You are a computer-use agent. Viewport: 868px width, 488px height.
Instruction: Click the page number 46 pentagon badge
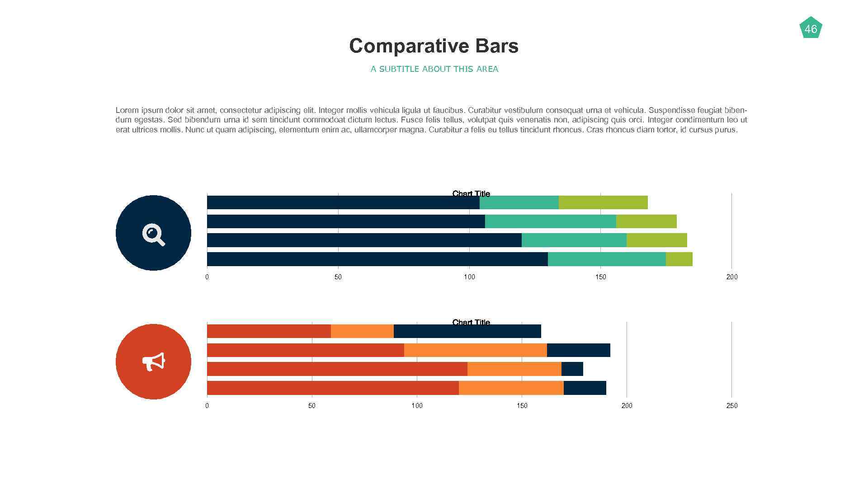point(811,28)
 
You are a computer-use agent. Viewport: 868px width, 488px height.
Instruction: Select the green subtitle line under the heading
point(434,69)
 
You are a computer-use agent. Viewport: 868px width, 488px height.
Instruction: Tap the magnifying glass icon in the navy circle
point(153,234)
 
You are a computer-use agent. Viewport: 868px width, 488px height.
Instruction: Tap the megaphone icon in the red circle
point(154,362)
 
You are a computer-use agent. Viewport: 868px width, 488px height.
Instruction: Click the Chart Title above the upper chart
point(471,193)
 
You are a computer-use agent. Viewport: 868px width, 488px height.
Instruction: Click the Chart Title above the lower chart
point(471,322)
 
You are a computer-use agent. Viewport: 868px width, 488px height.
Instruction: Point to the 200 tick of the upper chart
point(731,277)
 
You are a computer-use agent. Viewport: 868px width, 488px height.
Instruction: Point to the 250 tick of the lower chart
point(731,406)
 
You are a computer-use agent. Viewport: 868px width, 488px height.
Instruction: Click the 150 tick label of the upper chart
point(600,277)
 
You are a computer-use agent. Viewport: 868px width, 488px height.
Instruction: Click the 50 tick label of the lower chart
point(312,406)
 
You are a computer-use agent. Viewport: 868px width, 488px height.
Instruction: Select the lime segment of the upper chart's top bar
point(603,202)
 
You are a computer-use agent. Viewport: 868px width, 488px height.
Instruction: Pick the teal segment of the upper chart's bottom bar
point(607,259)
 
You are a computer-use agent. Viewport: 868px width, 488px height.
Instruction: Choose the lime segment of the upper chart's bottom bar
point(679,259)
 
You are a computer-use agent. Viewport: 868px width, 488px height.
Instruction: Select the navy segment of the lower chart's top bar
point(467,332)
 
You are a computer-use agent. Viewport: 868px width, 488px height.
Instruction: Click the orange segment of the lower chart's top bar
point(362,331)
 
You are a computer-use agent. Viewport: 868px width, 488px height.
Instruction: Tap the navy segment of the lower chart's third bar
point(572,369)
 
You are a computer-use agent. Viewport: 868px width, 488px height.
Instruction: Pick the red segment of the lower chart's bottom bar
point(333,388)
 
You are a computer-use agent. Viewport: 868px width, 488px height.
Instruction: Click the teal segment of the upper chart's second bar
point(550,221)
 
